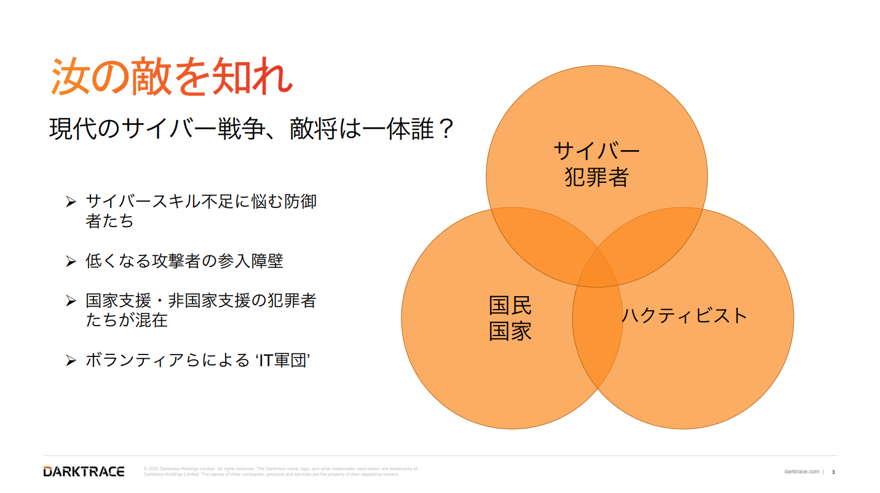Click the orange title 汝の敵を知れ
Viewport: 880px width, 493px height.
172,76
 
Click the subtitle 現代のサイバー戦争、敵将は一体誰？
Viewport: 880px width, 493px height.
252,129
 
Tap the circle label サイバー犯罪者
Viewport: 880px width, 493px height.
597,164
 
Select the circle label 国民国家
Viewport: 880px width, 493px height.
510,318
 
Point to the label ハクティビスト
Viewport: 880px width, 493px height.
684,316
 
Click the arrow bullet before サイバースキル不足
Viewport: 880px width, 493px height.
71,202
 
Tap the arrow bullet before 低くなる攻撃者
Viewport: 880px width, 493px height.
71,262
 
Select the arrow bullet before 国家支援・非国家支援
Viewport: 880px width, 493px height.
71,301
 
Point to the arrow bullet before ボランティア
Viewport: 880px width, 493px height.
71,361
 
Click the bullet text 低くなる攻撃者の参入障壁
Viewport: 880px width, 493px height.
184,261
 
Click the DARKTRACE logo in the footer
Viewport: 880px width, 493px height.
84,471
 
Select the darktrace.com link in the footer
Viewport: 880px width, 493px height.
801,471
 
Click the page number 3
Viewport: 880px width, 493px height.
833,472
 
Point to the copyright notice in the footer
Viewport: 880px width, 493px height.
280,471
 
